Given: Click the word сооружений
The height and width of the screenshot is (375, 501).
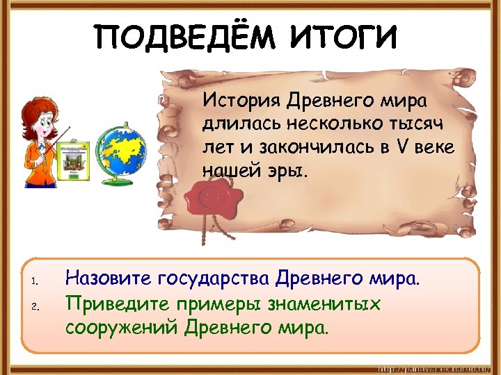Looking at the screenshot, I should click(122, 326).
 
